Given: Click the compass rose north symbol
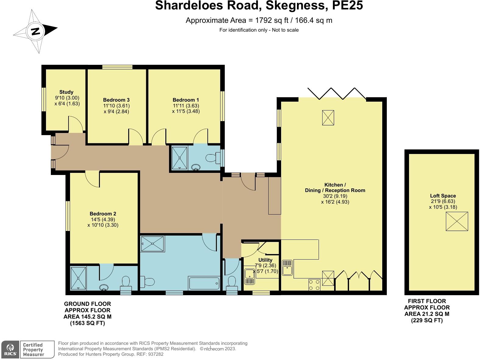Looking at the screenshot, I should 35,31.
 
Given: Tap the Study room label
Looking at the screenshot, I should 66,92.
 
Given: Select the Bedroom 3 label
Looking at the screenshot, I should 116,100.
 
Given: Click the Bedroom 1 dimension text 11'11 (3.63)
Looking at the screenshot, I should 185,106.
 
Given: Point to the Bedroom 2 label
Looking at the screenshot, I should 103,214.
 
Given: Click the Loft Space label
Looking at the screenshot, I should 443,196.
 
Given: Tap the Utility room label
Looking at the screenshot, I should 265,260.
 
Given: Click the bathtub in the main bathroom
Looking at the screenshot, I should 204,283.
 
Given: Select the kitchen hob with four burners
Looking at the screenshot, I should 314,285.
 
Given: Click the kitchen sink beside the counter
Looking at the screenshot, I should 287,267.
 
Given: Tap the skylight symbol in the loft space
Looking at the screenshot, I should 457,222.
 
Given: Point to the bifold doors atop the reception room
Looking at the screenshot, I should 337,93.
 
